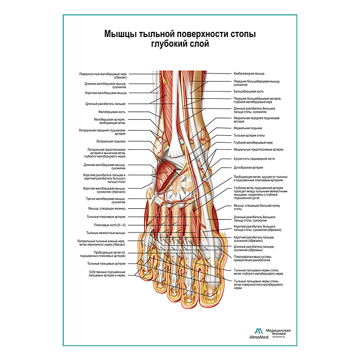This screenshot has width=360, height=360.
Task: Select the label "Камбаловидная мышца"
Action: pos(249,74)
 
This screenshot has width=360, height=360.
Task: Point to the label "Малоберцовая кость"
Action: pos(112,112)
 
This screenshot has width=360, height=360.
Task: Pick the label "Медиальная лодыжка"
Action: pos(248,128)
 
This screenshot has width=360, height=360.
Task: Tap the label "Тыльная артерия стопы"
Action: pos(249,136)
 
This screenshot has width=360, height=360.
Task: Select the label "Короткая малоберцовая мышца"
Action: pos(105,93)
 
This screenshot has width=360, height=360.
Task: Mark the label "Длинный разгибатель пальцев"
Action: pos(105,103)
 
